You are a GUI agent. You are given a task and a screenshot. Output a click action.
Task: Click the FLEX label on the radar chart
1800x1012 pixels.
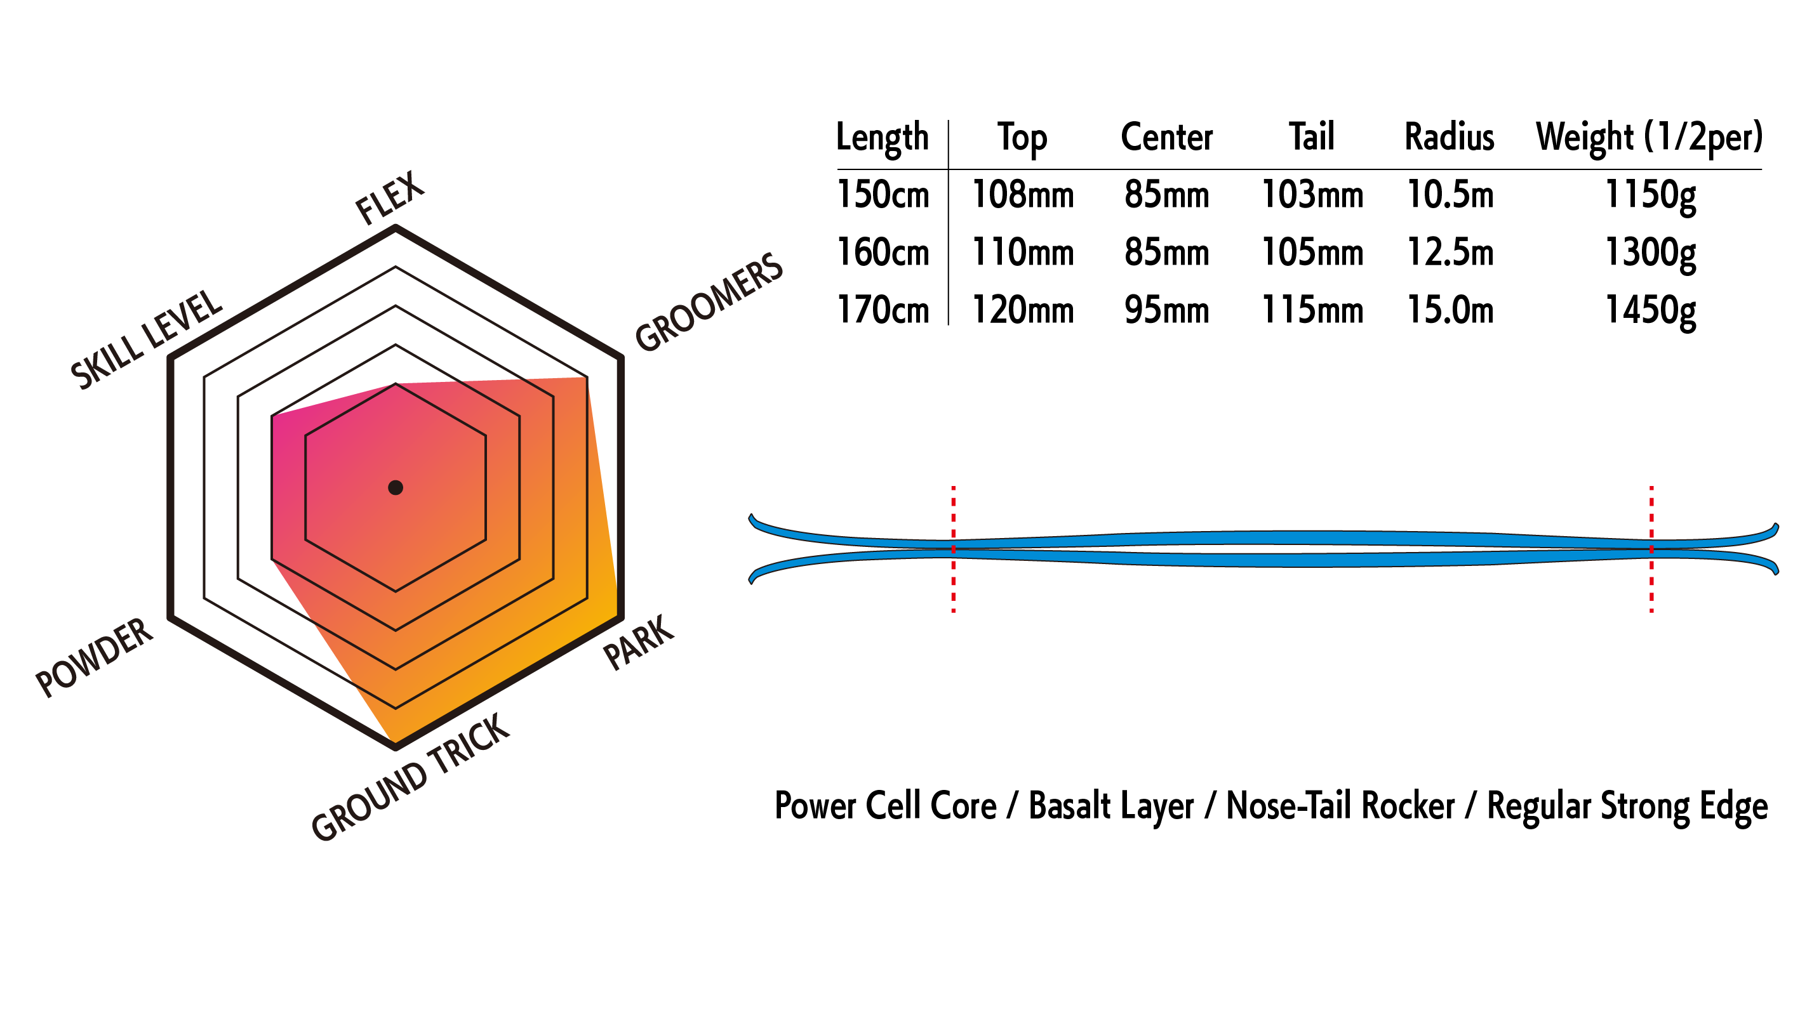coord(389,198)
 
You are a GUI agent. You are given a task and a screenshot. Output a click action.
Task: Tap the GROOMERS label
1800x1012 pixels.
coord(709,302)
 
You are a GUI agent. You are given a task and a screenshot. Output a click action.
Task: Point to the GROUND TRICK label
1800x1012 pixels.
coord(411,777)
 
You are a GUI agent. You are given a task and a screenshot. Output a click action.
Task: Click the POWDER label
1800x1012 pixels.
coord(95,657)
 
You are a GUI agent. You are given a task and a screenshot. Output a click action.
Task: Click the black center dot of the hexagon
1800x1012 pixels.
coord(396,487)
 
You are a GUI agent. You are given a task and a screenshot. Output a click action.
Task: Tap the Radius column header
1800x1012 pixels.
coord(1450,137)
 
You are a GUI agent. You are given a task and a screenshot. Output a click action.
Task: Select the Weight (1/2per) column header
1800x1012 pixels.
coord(1649,137)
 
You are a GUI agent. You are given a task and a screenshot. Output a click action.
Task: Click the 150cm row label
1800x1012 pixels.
coord(883,195)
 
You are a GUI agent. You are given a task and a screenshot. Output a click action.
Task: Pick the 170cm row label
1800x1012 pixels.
coord(883,311)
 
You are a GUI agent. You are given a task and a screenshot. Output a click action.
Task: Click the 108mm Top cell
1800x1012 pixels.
coord(1022,195)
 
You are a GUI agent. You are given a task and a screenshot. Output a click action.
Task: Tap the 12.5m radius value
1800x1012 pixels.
coord(1450,253)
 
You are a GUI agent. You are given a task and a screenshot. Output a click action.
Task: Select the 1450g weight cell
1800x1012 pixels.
coord(1650,311)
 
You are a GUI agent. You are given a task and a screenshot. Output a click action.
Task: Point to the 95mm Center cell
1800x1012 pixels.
coord(1166,311)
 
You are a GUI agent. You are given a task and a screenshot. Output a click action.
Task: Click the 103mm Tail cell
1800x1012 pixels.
coord(1312,195)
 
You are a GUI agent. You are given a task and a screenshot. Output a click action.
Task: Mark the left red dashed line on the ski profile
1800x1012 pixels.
coord(953,549)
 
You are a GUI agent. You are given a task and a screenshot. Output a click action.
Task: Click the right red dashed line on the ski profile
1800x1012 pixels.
coord(1652,549)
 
